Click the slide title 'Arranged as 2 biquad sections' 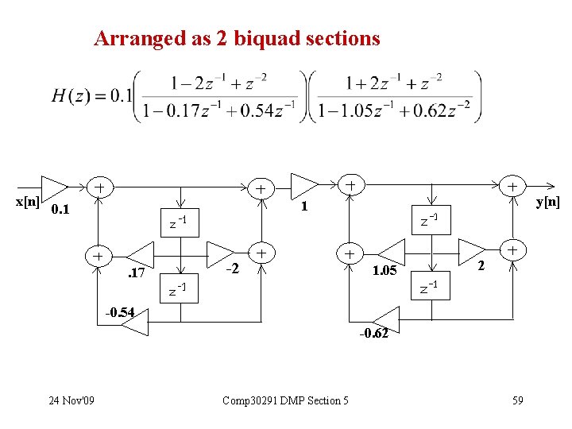click(237, 37)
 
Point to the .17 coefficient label click(136, 274)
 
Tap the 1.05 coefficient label click(386, 271)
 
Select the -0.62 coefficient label click(373, 333)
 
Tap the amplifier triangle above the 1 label click(303, 184)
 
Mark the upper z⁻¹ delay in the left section click(177, 222)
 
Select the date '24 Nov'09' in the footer click(70, 400)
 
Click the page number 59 click(517, 400)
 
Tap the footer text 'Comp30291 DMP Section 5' click(286, 400)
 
